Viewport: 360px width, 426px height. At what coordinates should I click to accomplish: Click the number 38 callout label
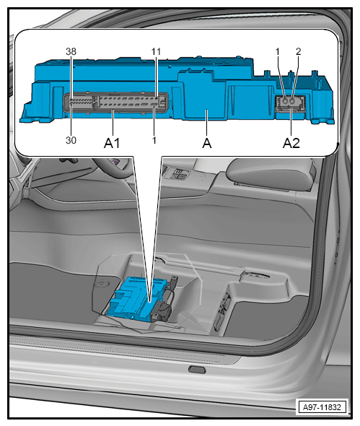(71, 51)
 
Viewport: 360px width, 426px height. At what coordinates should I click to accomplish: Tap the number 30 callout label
(71, 140)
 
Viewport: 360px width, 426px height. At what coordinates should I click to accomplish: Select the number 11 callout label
(156, 51)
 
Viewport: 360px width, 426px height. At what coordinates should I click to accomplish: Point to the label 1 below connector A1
(154, 140)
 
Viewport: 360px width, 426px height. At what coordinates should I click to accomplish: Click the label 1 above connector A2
(278, 51)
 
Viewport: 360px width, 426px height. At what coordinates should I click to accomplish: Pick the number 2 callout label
(299, 51)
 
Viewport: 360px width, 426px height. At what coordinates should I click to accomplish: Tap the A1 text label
(112, 143)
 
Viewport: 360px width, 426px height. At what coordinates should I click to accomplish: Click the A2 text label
(291, 143)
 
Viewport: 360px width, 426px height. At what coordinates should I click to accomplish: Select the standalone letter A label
(207, 143)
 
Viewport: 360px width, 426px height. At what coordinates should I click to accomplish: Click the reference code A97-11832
(322, 407)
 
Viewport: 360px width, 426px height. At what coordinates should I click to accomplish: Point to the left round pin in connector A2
(285, 101)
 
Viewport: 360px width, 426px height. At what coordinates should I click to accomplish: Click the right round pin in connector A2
(292, 101)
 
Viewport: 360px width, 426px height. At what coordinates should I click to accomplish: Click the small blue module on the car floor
(136, 299)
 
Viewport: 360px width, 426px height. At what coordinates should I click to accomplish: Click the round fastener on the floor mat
(102, 284)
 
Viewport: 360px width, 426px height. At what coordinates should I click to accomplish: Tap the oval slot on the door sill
(197, 369)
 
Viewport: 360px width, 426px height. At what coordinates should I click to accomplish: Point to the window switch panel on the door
(177, 174)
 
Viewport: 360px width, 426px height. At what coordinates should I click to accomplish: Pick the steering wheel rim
(114, 170)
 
